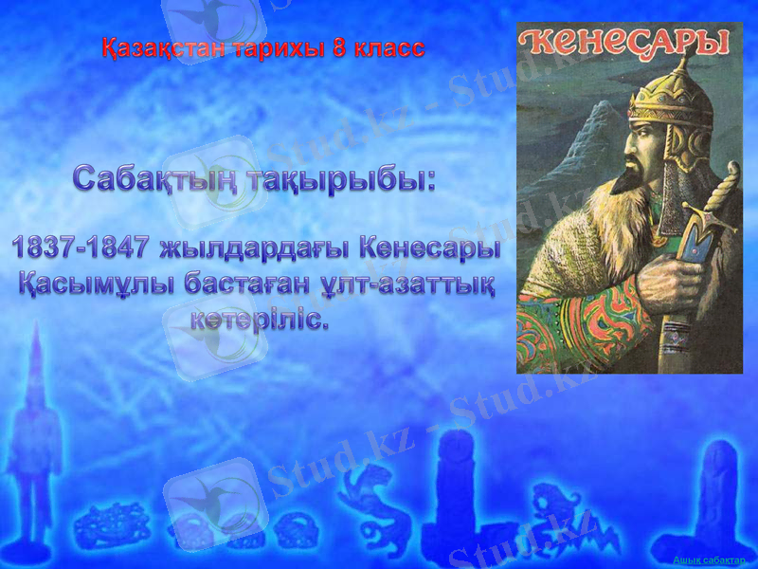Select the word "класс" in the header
388,48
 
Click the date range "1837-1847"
80,248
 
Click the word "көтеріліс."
260,319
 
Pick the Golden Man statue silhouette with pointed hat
35,427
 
